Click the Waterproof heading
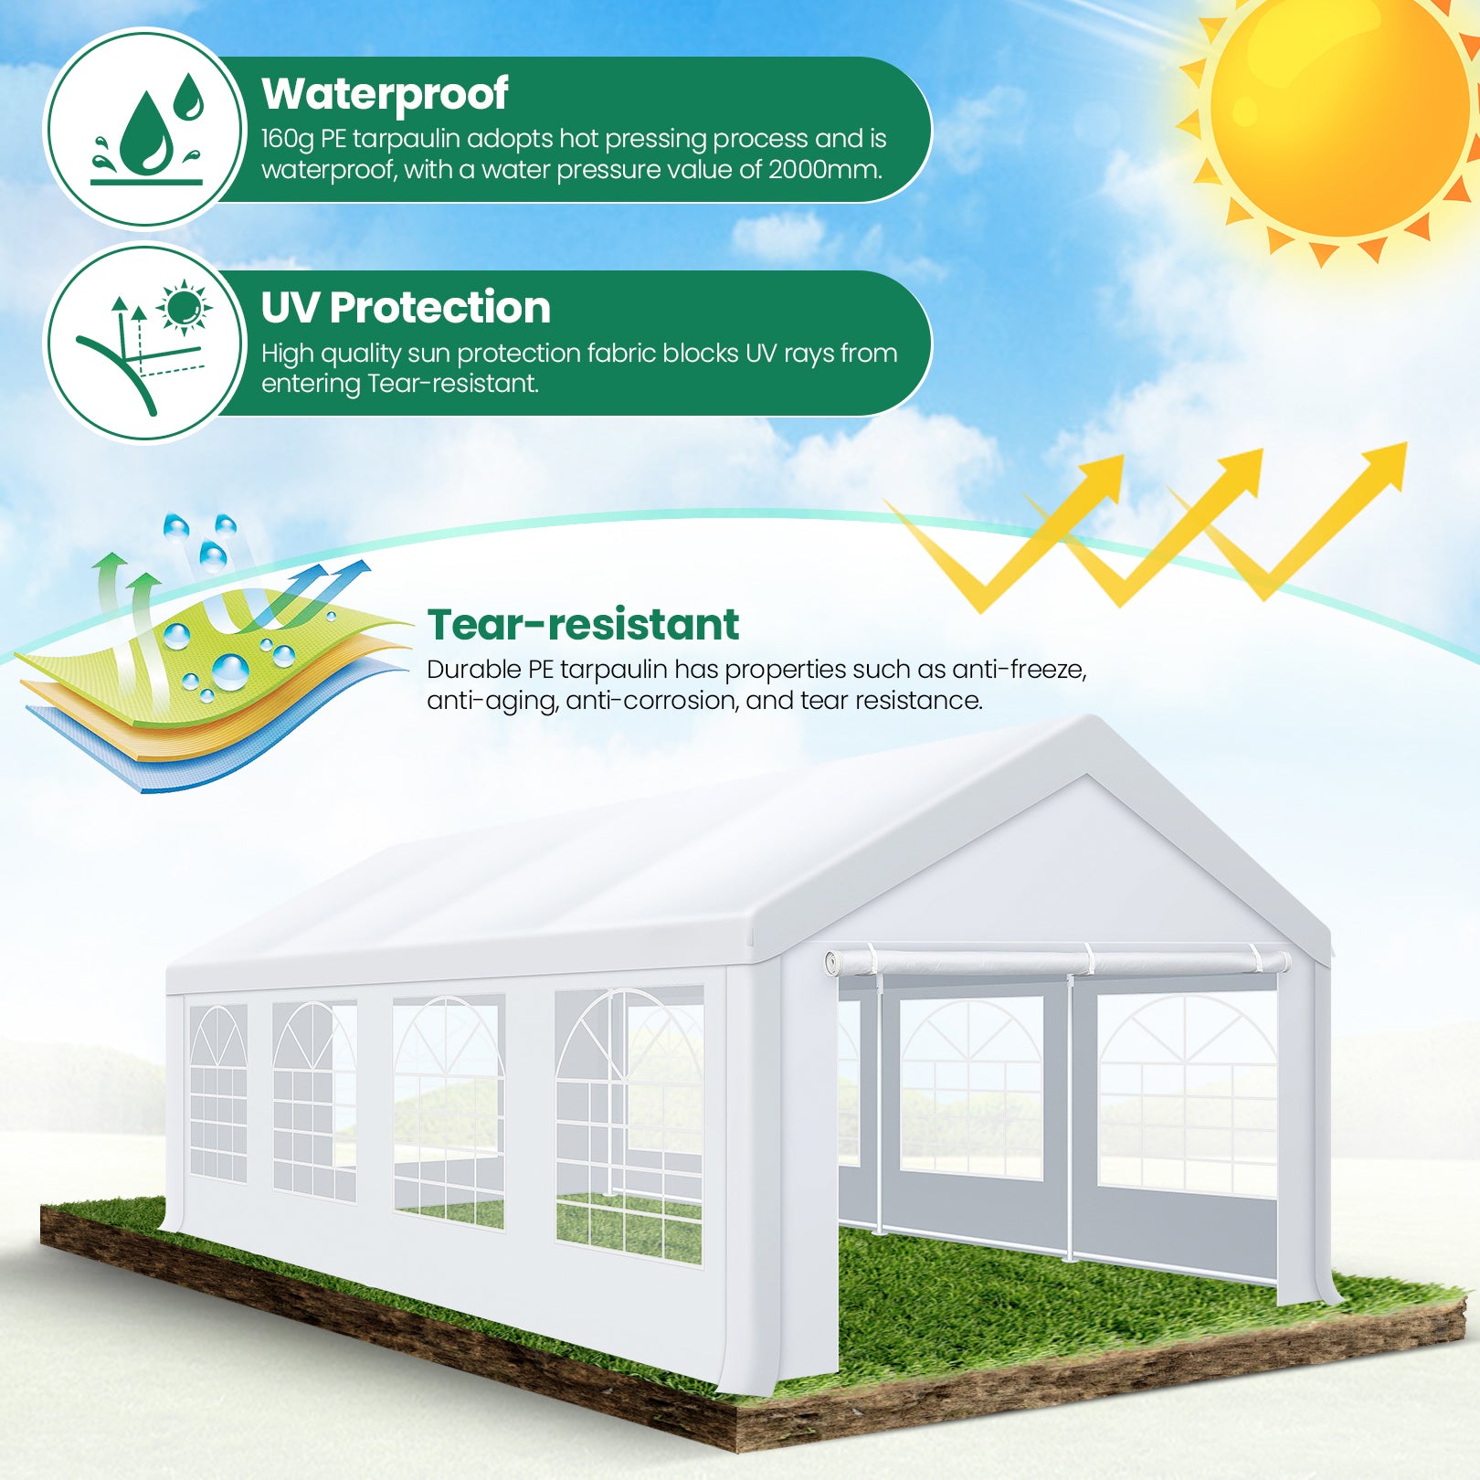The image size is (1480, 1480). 385,95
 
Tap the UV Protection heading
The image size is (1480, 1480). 406,307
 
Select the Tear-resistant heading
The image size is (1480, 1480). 583,625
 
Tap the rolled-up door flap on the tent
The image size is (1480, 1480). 1058,962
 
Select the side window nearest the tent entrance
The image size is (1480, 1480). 629,1124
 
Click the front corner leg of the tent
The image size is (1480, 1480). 755,1179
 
